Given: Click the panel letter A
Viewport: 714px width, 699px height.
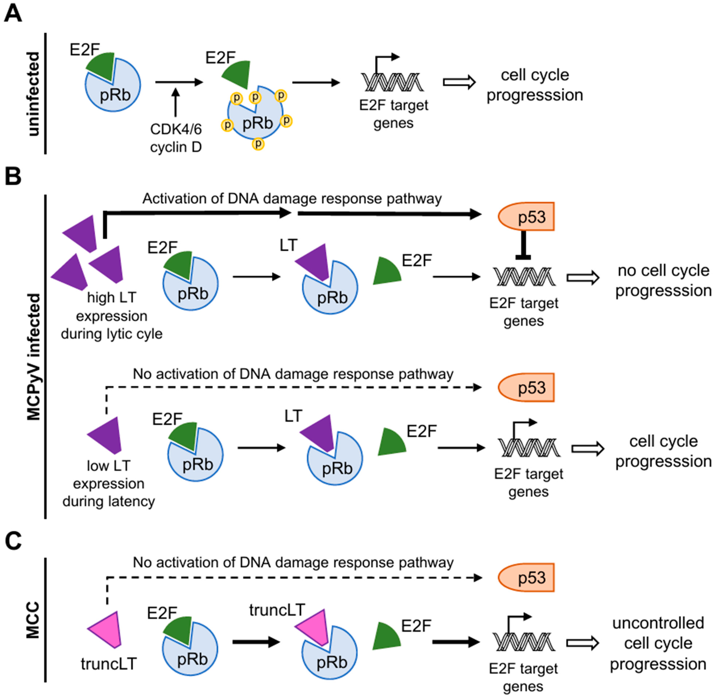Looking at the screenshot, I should (x=13, y=15).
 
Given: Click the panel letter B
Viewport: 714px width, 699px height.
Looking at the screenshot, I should (x=13, y=177).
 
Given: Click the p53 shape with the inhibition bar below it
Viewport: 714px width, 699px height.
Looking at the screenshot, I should (x=526, y=217).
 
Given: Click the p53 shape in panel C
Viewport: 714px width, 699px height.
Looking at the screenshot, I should (x=526, y=578).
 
